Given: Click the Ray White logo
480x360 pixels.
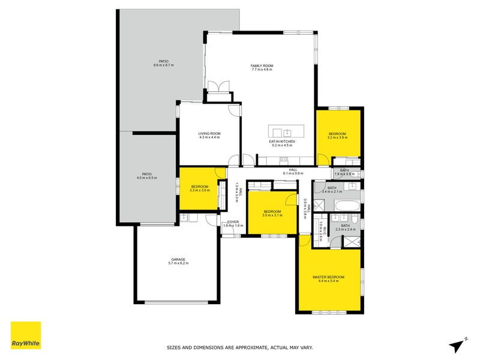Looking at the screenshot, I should [x=26, y=335].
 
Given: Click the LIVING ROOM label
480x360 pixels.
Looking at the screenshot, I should [x=210, y=134].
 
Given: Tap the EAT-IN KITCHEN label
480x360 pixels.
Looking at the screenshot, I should [x=281, y=142].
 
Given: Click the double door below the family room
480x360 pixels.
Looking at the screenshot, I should [x=220, y=86].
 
